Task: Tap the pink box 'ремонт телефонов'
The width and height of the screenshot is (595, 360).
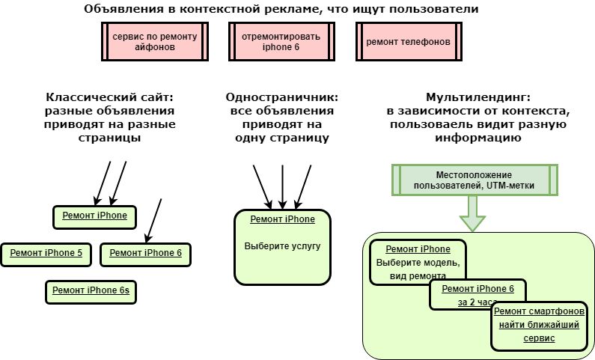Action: coord(408,41)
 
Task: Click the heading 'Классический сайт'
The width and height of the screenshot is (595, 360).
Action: coord(109,98)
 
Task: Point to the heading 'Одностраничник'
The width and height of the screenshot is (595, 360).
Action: coord(281,98)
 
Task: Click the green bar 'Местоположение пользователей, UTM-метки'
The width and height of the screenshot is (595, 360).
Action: coord(474,180)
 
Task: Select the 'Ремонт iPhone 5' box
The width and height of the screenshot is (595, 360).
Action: coord(46,254)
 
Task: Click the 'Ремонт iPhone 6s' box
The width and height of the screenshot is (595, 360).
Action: coord(91,290)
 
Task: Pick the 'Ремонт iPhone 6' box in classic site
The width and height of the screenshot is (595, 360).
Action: coord(145,254)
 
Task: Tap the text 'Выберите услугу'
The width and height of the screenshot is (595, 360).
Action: coord(282,245)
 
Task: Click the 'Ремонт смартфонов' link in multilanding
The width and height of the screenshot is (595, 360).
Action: coord(539,311)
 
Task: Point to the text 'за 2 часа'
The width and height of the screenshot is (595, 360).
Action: coord(477,302)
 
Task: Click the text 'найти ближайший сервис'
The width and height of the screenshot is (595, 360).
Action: coord(539,331)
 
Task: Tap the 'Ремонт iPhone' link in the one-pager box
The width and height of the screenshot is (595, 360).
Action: coord(282,219)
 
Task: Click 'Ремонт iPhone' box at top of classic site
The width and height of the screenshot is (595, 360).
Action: coord(94,216)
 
